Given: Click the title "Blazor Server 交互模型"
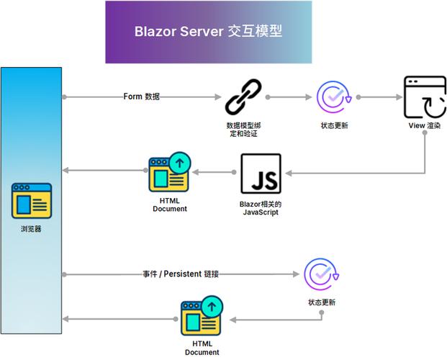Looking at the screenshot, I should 208,32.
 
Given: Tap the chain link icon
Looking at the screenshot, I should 243,97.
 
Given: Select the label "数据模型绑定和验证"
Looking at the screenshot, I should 243,129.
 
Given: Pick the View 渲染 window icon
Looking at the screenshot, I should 424,97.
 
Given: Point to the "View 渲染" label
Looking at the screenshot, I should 424,125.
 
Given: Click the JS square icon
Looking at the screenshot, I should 261,174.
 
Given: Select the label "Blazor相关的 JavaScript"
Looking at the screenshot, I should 261,208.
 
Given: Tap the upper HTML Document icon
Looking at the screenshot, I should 170,174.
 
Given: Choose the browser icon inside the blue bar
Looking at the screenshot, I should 32,201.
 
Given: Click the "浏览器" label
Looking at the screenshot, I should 32,230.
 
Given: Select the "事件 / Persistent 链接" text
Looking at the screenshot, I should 180,274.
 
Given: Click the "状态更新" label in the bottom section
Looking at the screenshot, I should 321,302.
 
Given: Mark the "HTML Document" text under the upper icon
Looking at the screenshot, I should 170,204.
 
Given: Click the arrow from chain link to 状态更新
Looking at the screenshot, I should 290,96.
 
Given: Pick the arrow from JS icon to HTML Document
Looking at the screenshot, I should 213,173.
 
